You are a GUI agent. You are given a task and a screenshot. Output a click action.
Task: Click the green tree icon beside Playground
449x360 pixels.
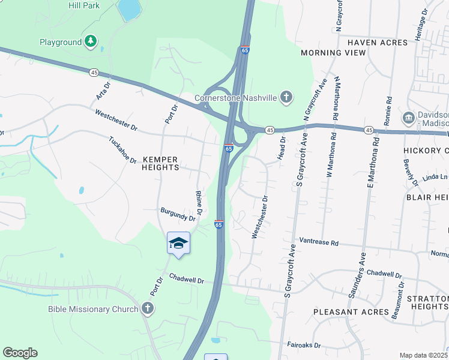(x=90, y=41)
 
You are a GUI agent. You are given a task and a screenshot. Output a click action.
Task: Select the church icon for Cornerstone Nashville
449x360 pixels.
(x=287, y=97)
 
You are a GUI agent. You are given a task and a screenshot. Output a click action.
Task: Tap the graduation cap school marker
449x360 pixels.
(x=178, y=243)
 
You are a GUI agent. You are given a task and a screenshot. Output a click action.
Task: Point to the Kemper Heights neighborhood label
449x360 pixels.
(x=160, y=163)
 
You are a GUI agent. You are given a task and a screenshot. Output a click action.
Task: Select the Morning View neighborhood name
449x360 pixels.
(x=333, y=53)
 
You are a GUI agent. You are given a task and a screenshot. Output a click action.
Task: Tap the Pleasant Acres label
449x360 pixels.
(x=351, y=312)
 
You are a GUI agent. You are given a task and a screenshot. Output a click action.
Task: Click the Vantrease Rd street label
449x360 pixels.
(x=319, y=243)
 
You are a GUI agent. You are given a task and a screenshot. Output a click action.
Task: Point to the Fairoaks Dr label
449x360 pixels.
(x=304, y=346)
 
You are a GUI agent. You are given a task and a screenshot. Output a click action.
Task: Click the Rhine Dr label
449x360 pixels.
(x=200, y=202)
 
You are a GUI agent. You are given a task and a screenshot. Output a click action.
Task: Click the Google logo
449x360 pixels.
(x=20, y=353)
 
